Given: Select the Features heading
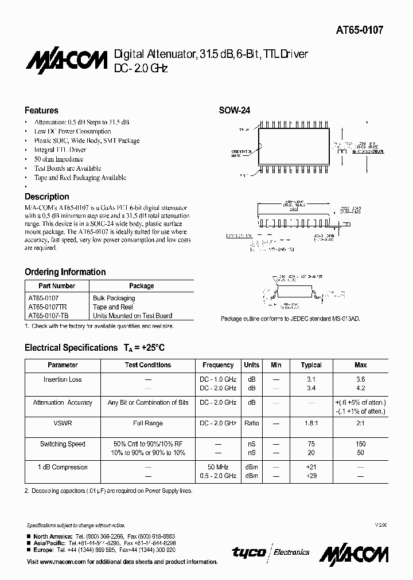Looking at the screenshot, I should (x=41, y=110).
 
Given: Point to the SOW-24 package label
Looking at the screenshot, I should (x=235, y=111).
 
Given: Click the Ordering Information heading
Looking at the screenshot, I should (x=65, y=272).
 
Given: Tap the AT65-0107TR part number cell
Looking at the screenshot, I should (x=48, y=307).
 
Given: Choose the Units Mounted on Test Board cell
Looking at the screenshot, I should (x=132, y=316).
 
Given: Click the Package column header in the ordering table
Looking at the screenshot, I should (x=141, y=286).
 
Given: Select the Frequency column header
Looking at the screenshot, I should (x=218, y=365).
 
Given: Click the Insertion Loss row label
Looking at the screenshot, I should (x=63, y=379).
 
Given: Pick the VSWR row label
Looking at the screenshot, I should (x=63, y=424).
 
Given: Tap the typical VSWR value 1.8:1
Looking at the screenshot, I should (x=311, y=424).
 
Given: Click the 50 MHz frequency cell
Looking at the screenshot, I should (x=218, y=467).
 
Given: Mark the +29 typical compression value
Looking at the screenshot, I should (x=311, y=476).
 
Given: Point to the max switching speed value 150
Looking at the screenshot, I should (x=360, y=444).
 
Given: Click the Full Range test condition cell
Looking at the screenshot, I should (x=148, y=424).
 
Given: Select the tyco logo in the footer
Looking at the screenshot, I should (x=248, y=552).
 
